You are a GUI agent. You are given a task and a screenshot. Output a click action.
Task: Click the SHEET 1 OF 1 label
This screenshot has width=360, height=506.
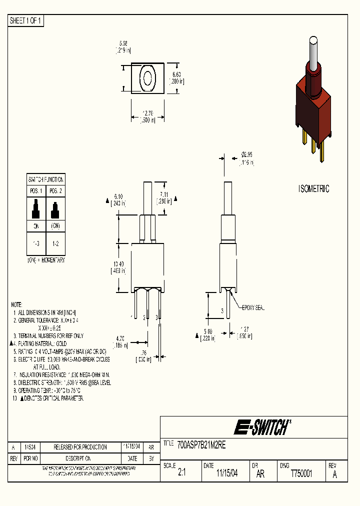[x=26, y=20]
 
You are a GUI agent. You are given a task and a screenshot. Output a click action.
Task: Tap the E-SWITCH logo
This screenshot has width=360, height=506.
[x=262, y=427]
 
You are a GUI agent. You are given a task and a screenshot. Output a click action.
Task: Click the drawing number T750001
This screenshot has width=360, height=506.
[x=301, y=474]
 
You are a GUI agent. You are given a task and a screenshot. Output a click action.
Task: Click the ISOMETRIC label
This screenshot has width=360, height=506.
[x=313, y=189]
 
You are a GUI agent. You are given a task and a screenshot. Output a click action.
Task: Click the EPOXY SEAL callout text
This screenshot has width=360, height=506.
[x=252, y=308]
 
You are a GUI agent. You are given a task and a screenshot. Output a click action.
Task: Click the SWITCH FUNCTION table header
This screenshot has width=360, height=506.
[x=45, y=179]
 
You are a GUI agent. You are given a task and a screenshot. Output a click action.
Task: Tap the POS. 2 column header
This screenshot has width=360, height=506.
[x=55, y=191]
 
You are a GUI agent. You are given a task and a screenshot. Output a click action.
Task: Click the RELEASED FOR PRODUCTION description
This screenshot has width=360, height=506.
[x=80, y=447]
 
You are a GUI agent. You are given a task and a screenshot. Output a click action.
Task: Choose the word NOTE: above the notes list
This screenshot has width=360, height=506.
[x=16, y=304]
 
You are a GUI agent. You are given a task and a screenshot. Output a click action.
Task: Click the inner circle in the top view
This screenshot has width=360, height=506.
[x=148, y=78]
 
